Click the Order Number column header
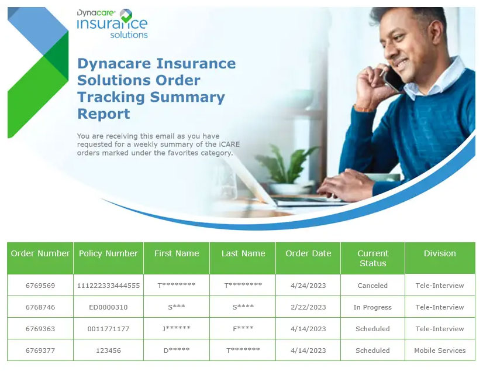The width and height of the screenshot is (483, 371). coord(40,253)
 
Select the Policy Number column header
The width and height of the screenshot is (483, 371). coord(108,253)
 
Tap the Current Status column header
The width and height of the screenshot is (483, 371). coord(372,258)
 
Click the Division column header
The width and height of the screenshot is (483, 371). coord(440,253)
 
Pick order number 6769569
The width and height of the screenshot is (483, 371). coord(40,286)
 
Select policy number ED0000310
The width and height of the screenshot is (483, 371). coord(108,307)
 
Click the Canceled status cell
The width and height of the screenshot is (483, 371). coord(372,286)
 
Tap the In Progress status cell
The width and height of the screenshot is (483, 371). coord(372,307)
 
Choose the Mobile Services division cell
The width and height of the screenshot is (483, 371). coord(440,351)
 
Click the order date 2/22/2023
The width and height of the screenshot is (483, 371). coord(308,307)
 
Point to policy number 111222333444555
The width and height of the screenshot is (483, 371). coord(108,286)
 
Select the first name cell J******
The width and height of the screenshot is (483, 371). coord(177,328)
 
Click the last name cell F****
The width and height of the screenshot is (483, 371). coord(243,328)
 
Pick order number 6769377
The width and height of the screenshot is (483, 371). coord(40,351)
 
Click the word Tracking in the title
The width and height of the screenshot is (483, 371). coord(111,97)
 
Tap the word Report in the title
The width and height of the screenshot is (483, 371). coord(103,114)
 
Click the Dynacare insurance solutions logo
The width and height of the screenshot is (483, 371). coord(112,24)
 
